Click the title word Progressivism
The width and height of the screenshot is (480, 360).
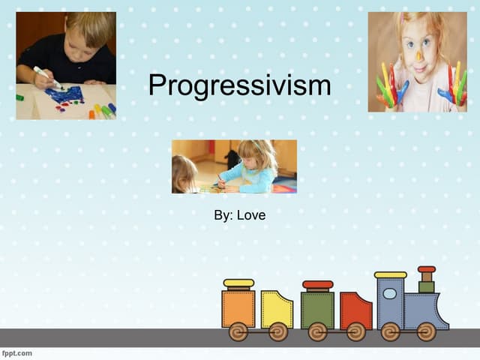tap(239, 85)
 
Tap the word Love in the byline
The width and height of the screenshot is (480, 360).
tap(251, 215)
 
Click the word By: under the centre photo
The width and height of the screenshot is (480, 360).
tap(223, 215)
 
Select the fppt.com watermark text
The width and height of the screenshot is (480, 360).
tap(17, 352)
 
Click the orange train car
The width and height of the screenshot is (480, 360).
tap(238, 308)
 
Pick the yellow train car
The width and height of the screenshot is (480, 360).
tap(276, 308)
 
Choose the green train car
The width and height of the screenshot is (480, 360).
tap(317, 309)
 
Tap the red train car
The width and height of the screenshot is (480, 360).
tap(355, 310)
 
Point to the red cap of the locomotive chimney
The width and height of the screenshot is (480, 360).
tap(427, 269)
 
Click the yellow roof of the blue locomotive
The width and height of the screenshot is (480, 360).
tap(390, 275)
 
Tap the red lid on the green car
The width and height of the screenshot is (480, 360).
tap(317, 285)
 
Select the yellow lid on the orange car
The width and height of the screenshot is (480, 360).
tap(238, 283)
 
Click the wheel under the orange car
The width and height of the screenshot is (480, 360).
tap(238, 331)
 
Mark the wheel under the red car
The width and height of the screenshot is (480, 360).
tap(355, 331)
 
